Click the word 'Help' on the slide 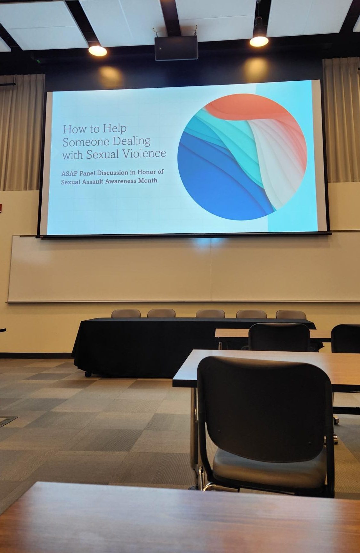114,129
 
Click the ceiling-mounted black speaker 176,48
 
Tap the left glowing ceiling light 97,50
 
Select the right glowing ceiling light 259,41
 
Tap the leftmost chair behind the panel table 126,313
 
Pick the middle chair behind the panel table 210,314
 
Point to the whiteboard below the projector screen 183,269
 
